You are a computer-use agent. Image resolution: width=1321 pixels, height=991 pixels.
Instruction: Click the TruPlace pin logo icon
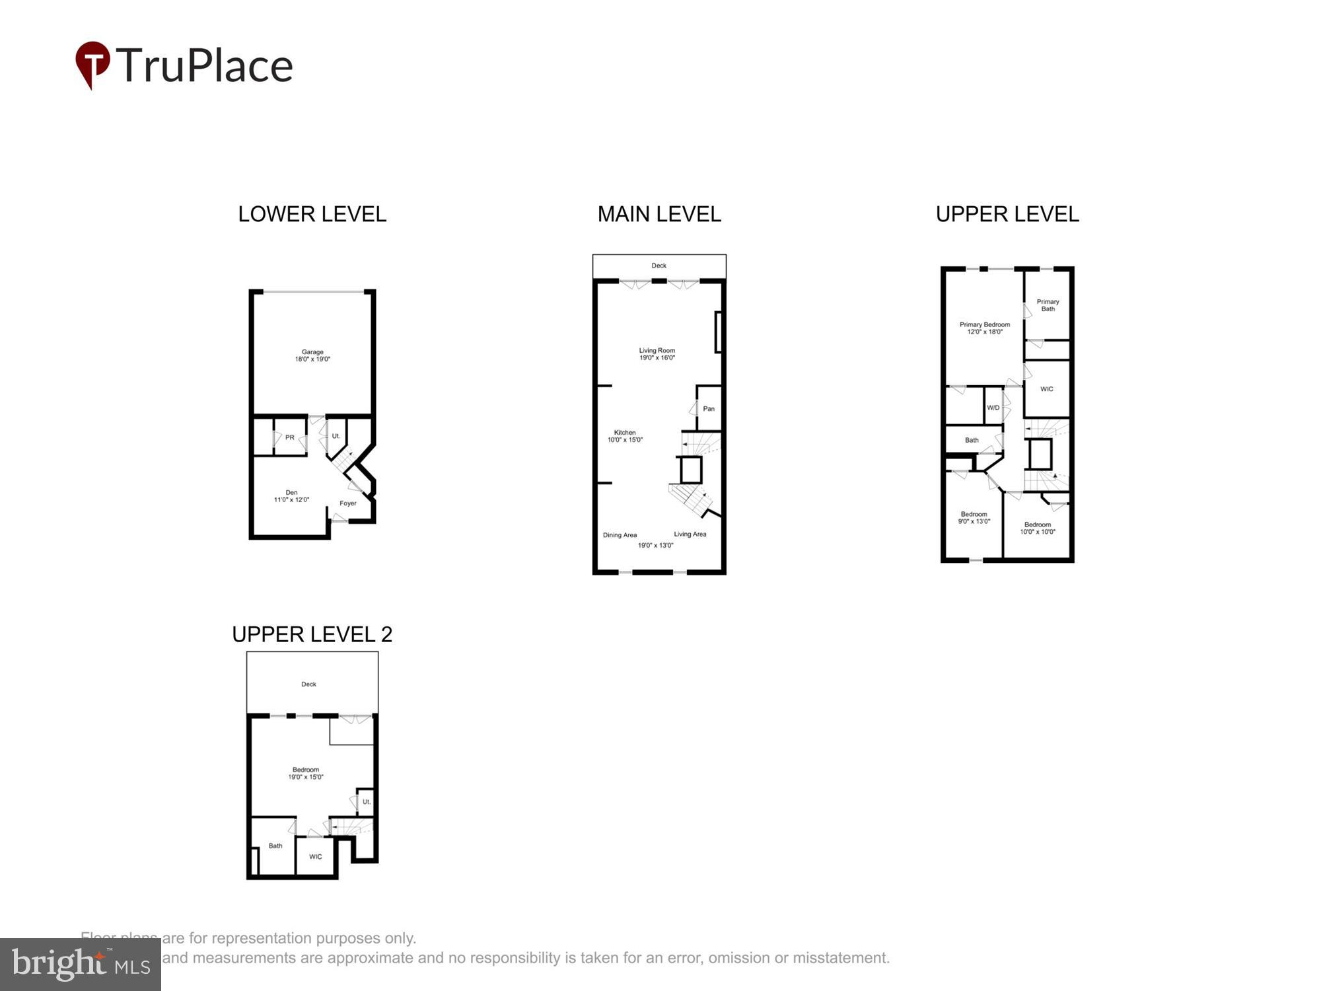92,63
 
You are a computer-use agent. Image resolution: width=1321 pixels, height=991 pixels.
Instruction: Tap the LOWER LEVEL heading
312,214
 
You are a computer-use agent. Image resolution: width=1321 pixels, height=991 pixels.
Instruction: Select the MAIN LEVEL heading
659,214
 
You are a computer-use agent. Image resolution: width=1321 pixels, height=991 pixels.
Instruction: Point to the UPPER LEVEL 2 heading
312,634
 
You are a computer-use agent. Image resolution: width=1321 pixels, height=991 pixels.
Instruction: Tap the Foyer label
348,503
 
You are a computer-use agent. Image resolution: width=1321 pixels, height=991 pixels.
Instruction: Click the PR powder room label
289,437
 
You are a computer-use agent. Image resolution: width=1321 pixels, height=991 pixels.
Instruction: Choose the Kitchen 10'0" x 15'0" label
625,436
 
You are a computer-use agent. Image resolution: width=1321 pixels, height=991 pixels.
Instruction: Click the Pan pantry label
708,408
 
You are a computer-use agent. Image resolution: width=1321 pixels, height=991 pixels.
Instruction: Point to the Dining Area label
620,535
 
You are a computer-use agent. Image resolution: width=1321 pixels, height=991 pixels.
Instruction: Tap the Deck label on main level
659,266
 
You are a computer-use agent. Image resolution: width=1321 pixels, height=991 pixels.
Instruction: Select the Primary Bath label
1048,305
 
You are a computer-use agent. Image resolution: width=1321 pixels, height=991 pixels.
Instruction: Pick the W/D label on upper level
993,408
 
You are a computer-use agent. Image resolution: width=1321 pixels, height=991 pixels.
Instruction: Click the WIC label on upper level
1046,389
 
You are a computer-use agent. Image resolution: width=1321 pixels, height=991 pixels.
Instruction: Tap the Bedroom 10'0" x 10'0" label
1037,528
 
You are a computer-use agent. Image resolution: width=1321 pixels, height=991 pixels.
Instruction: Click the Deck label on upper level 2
308,684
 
